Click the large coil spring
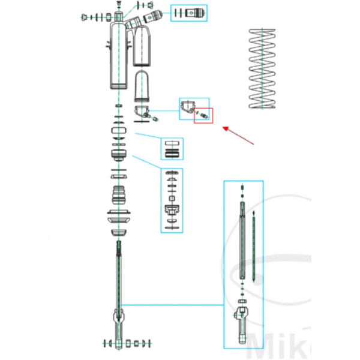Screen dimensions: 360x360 coord(263,69)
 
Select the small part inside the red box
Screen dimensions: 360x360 coord(203,114)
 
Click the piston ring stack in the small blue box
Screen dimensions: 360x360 coord(172,149)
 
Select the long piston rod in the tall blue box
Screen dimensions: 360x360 coord(242,246)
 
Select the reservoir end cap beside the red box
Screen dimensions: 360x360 coord(188,107)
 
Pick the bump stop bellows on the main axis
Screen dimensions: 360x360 coord(120,196)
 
